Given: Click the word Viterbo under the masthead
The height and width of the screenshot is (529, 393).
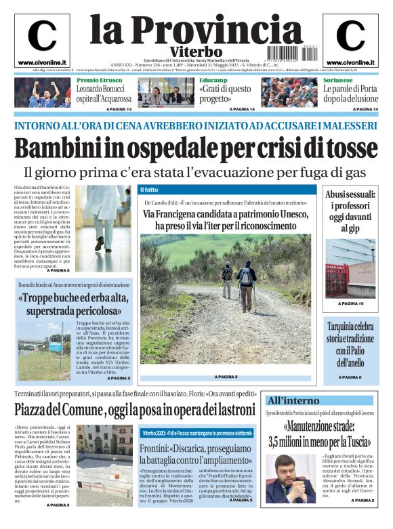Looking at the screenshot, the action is coord(196,51).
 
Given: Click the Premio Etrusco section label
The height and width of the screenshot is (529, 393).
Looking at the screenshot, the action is coord(100,80).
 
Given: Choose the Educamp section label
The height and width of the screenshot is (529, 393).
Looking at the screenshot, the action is coord(213,80).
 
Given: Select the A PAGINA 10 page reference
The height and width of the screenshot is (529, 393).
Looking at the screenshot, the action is coord(350,303).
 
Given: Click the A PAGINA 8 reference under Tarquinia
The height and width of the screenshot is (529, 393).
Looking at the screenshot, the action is coord(350,377).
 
